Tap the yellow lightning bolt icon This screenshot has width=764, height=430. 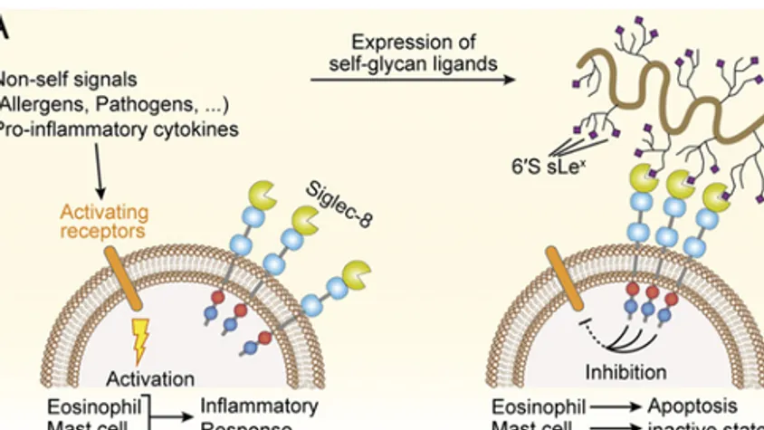point(142,335)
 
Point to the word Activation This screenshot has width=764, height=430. point(149,377)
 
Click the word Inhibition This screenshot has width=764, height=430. point(626,371)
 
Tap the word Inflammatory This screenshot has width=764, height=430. point(258,406)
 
